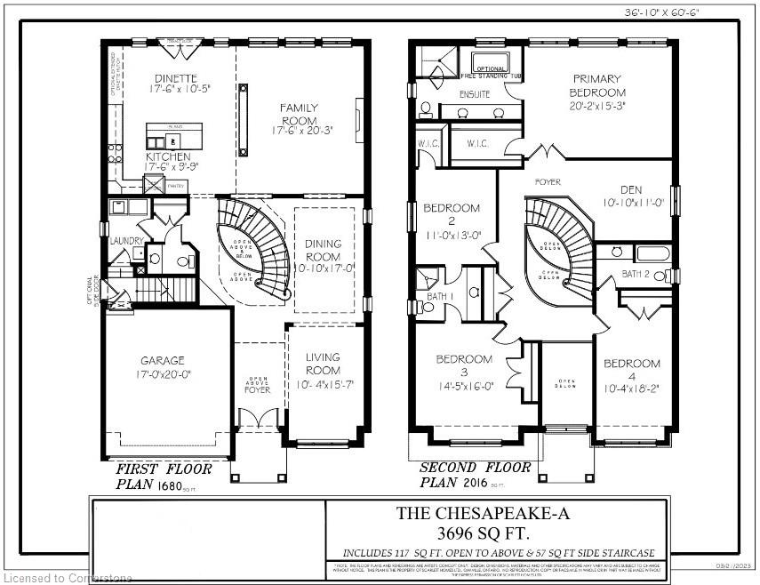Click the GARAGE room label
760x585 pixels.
coord(162,360)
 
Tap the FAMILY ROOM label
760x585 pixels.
coord(300,115)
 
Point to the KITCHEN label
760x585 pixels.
coord(168,156)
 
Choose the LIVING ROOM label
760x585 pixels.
coord(322,364)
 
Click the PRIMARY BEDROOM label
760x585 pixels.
coord(598,85)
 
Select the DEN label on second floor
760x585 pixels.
coord(631,188)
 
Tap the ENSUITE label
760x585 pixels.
coord(475,93)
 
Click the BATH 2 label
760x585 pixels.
coord(636,273)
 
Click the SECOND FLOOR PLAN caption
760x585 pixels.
coord(475,475)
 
